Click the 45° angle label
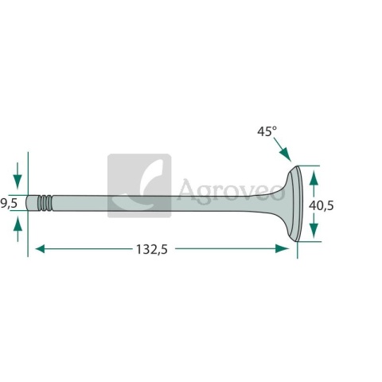(267, 131)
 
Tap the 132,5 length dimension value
(152, 249)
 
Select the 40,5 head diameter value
(322, 205)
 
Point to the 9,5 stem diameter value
(9, 204)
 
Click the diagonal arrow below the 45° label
(283, 149)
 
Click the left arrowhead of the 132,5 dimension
(40, 249)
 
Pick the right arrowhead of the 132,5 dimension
(282, 249)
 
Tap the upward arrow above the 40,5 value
(314, 184)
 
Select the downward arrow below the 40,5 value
(314, 226)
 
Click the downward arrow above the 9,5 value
(18, 175)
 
